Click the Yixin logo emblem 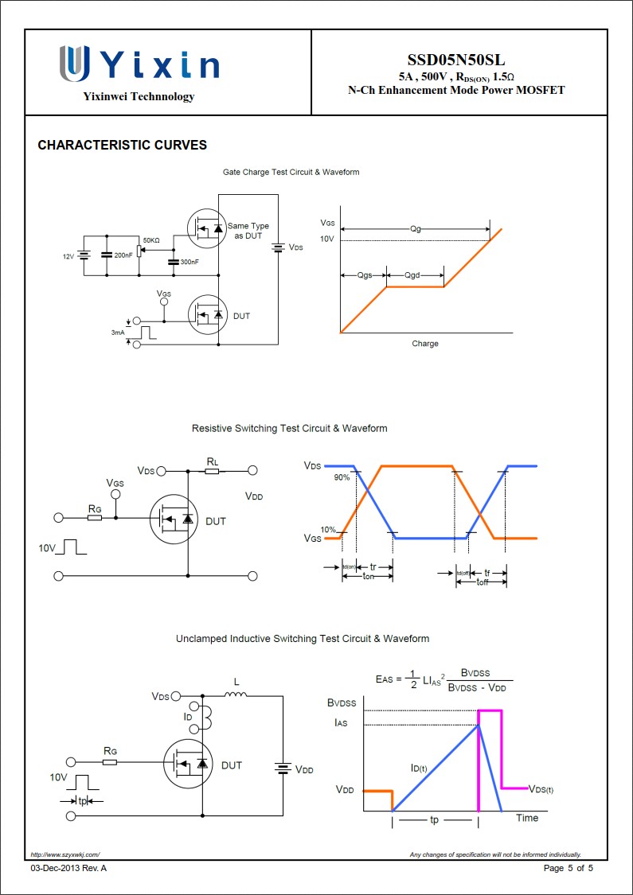(x=74, y=64)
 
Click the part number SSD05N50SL (x=455, y=60)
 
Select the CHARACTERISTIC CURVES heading (x=122, y=146)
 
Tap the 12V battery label (x=68, y=256)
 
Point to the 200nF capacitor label (x=123, y=255)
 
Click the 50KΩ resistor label (x=150, y=240)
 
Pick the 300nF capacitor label (x=190, y=262)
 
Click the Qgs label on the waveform (x=364, y=275)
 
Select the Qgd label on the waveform (x=412, y=275)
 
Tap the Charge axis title (x=425, y=344)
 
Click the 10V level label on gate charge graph (x=326, y=239)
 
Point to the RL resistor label (x=213, y=461)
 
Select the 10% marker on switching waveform (x=327, y=530)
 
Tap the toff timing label (x=483, y=582)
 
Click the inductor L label (x=236, y=682)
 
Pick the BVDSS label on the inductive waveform (x=342, y=703)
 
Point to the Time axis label (x=527, y=818)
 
